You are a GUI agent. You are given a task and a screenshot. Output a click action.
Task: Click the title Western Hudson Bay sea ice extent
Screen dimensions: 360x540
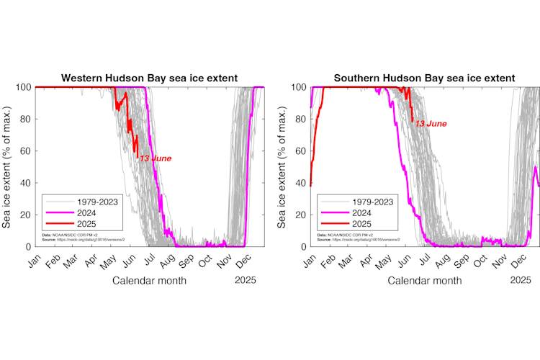click(149, 78)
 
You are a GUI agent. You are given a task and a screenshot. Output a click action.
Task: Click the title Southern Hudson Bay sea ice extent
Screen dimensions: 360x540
click(424, 78)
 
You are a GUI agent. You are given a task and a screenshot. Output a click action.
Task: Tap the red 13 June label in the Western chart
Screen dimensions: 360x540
click(155, 158)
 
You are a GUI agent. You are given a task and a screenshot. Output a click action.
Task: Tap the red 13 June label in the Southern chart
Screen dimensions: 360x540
click(431, 124)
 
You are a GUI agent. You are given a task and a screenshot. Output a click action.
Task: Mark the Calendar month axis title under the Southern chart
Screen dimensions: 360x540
click(425, 280)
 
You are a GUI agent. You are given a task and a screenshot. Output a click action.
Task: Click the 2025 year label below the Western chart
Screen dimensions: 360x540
click(247, 280)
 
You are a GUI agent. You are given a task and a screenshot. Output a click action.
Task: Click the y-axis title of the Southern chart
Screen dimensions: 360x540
click(282, 167)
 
